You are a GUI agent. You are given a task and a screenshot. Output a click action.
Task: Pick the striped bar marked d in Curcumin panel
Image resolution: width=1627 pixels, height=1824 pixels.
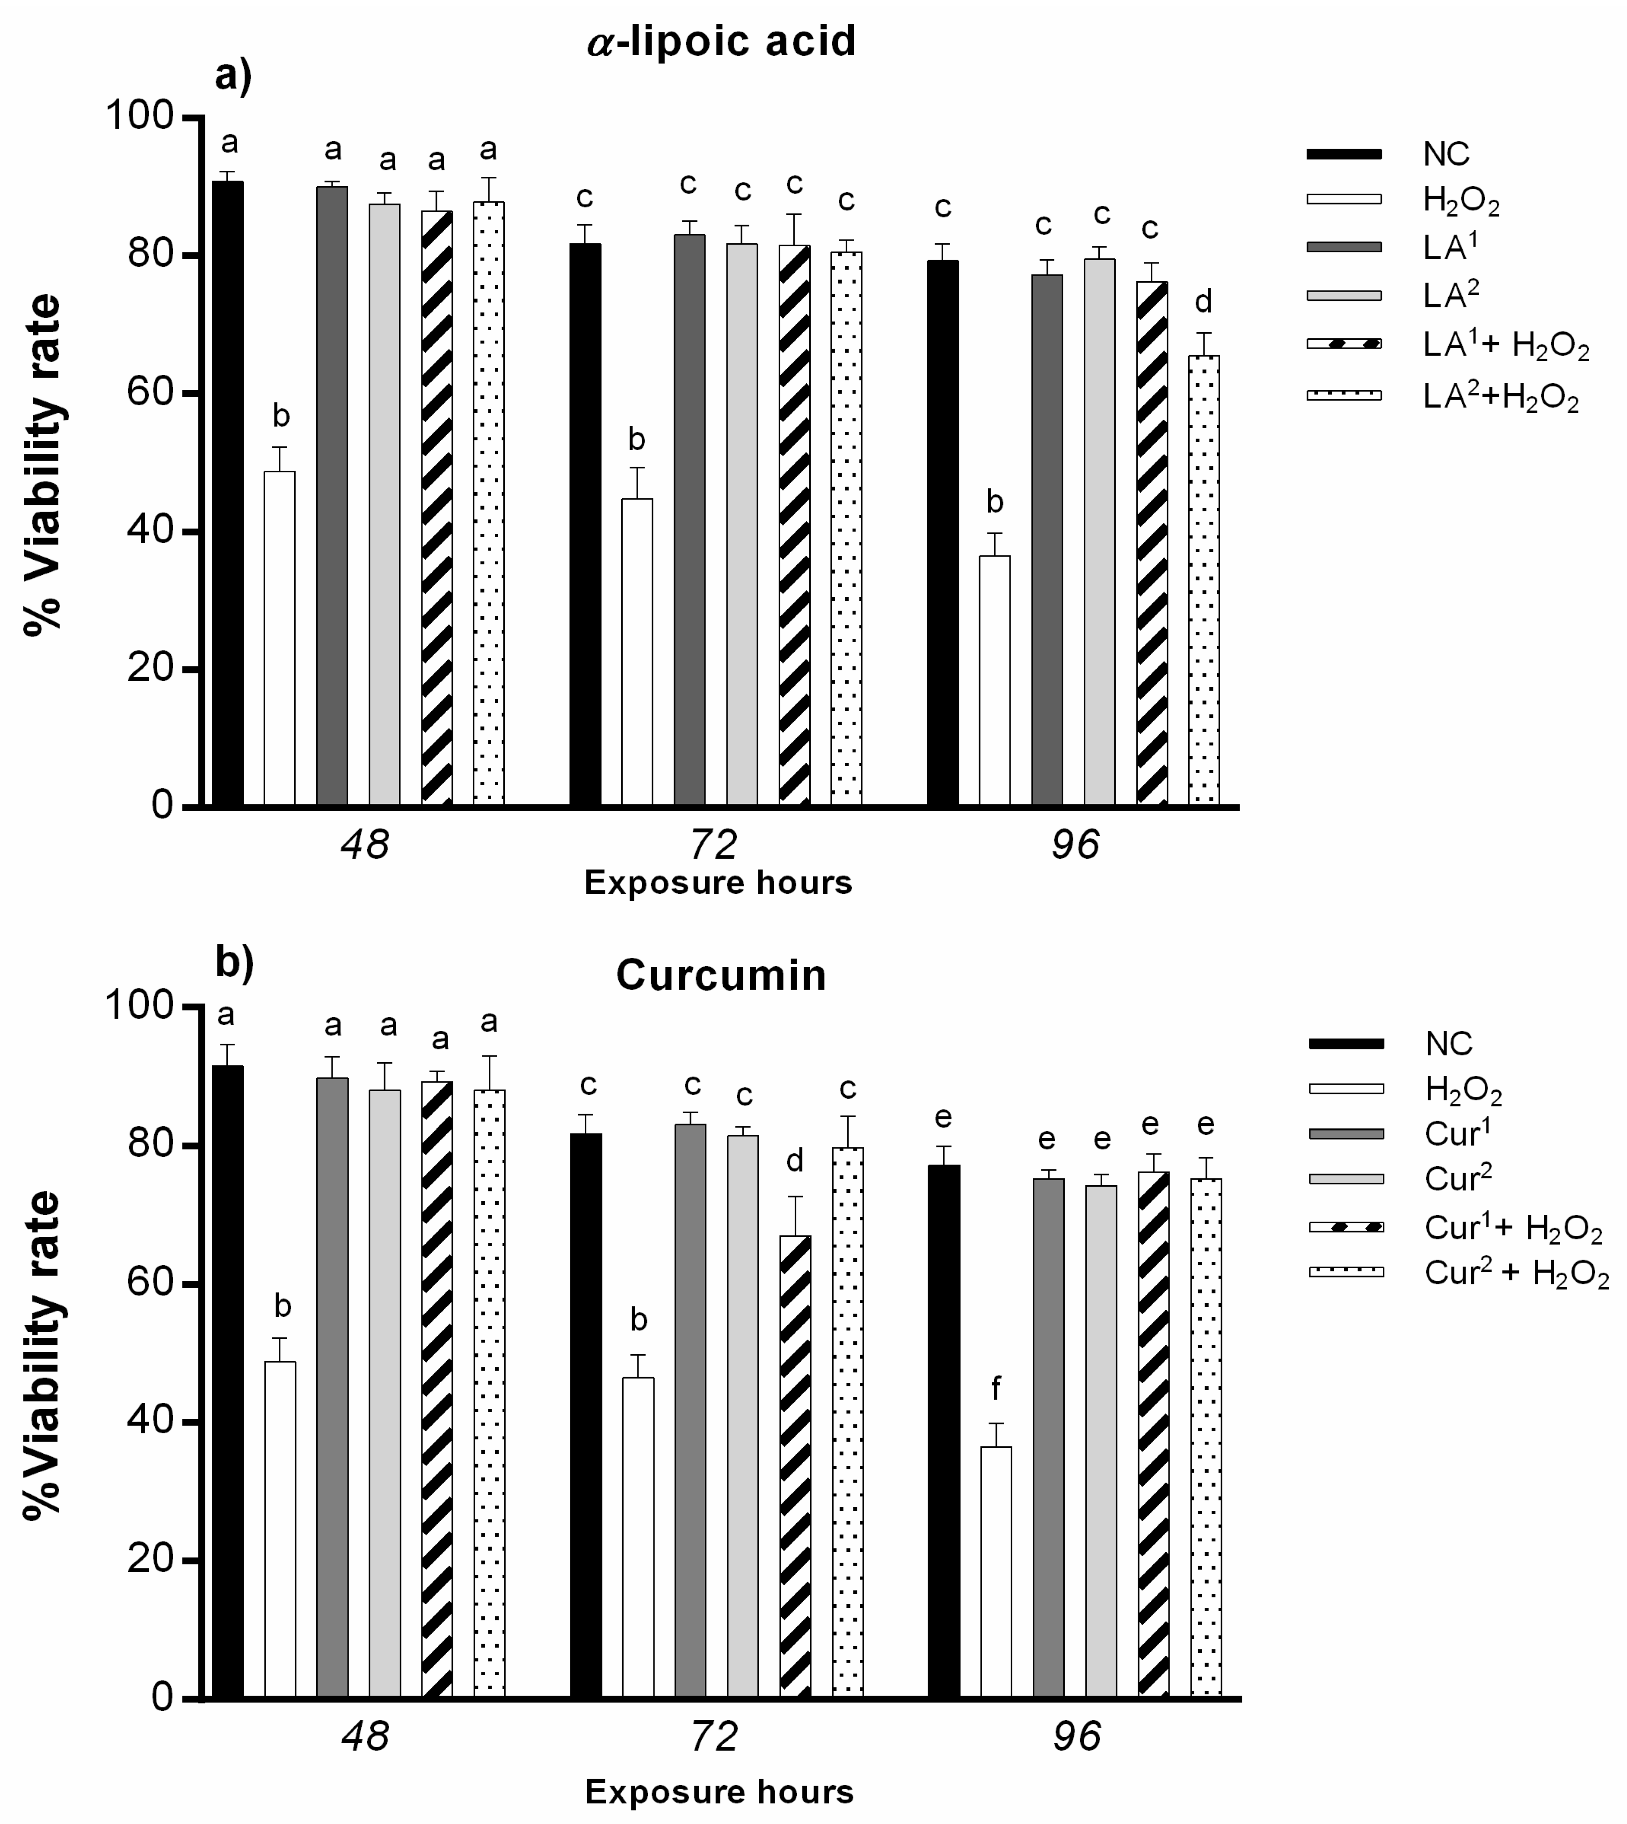pyautogui.click(x=795, y=1466)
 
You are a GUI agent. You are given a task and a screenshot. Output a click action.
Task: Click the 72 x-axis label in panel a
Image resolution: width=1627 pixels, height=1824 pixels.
pyautogui.click(x=714, y=843)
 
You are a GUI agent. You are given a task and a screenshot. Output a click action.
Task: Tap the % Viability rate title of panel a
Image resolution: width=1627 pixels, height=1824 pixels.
pyautogui.click(x=43, y=465)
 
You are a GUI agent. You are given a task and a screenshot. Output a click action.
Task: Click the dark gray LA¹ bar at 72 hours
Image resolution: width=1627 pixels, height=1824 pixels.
pyautogui.click(x=689, y=518)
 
